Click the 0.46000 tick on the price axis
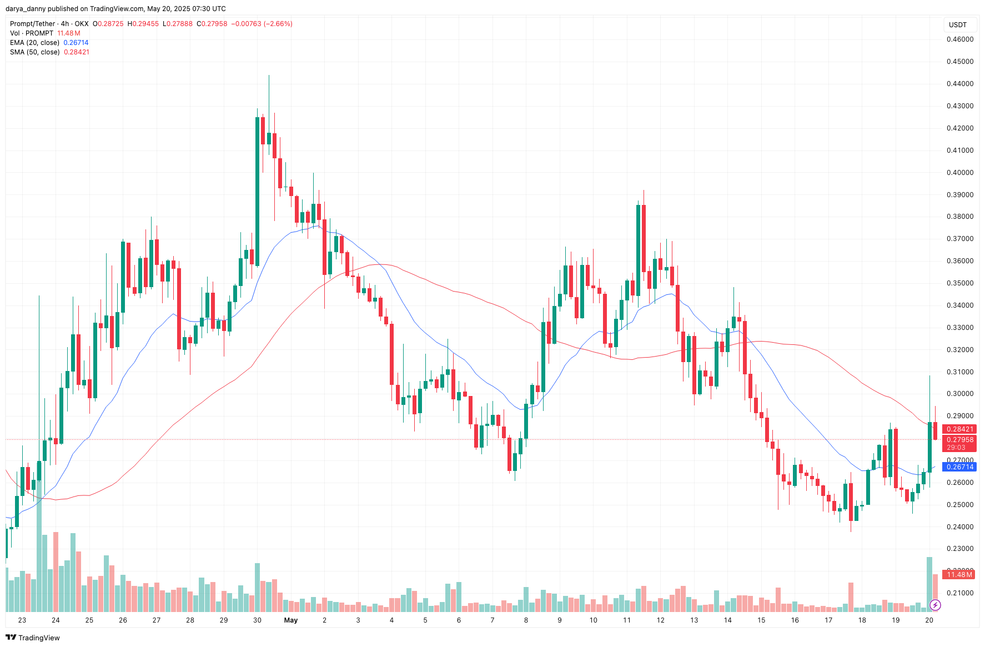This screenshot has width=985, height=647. coord(959,39)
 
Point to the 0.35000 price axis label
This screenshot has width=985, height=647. coord(959,283)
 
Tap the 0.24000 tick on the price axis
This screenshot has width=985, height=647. coord(959,527)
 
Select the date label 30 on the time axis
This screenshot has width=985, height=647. coord(257,620)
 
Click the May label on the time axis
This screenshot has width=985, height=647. coord(291,620)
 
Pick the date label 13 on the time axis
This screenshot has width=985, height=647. coord(694,620)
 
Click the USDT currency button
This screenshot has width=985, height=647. coord(958,24)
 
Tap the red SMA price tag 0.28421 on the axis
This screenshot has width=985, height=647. coord(959,429)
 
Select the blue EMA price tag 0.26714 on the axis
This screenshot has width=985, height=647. coord(959,467)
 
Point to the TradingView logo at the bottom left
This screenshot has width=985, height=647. coord(33,638)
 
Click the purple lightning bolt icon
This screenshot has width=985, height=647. coord(935,605)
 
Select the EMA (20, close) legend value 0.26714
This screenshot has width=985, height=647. coord(76,43)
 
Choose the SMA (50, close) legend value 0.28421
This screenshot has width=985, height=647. coord(77,52)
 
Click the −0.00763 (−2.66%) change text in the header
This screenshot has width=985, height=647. coord(262,24)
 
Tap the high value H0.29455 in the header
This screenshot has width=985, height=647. coord(143,24)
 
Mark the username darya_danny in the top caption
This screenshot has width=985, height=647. coord(26,9)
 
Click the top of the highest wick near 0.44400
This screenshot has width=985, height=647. coord(269,76)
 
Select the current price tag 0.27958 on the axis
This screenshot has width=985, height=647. coord(959,440)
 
